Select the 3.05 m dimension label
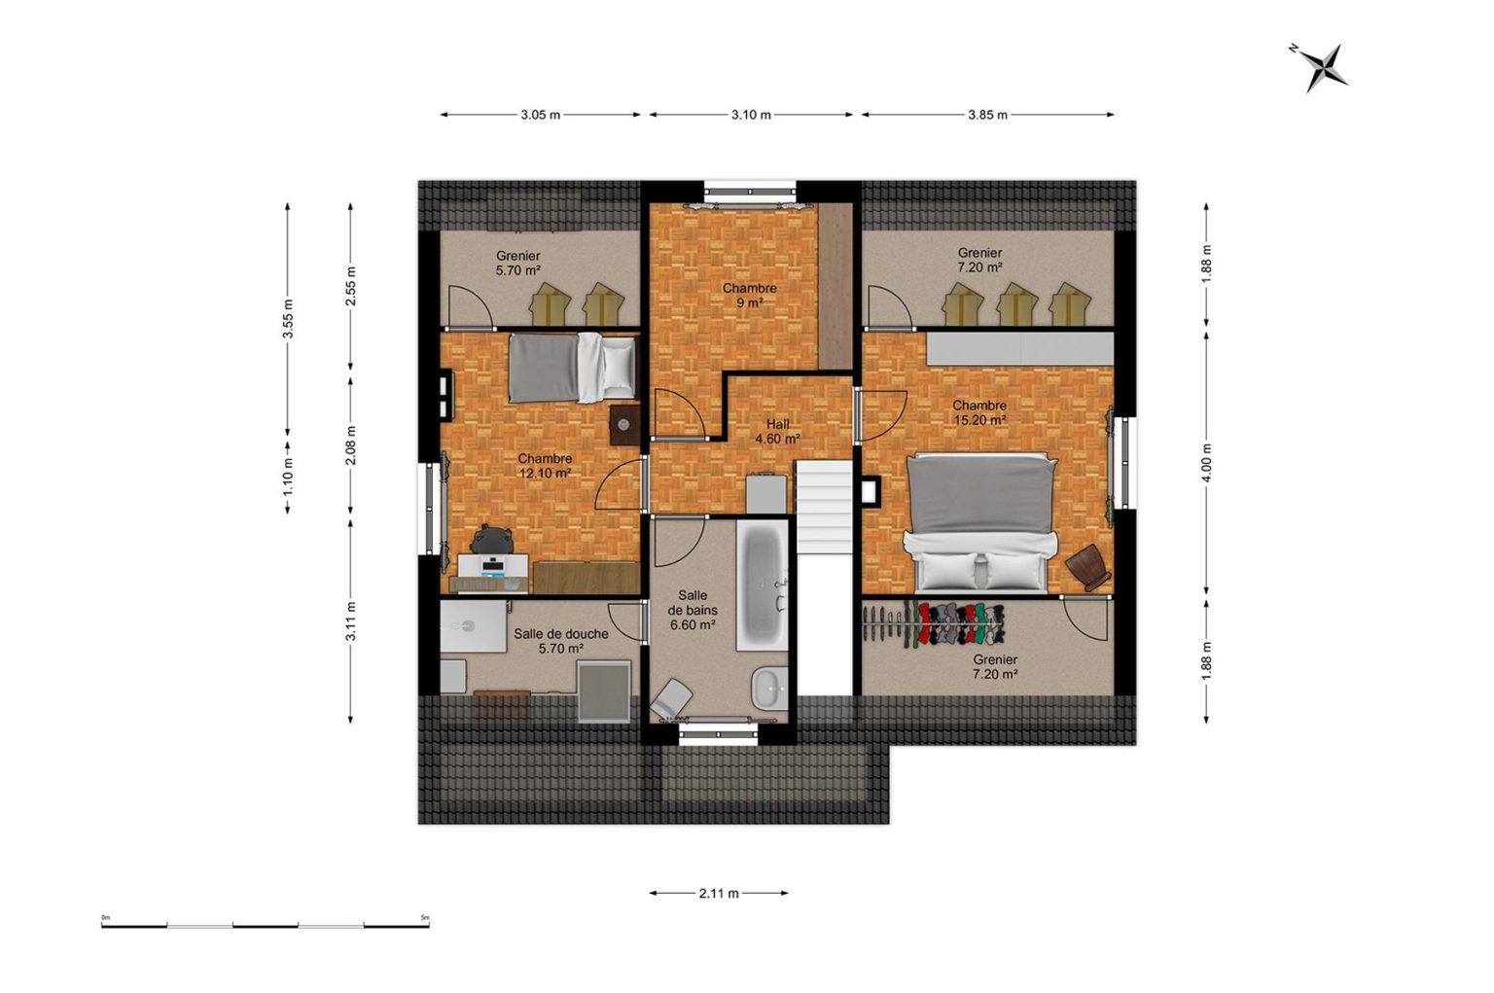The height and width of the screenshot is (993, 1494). pos(540,115)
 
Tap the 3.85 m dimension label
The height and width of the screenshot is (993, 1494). pos(988,115)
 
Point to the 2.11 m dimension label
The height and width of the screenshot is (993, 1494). pos(719,893)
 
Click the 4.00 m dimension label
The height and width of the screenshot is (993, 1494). pos(1206,462)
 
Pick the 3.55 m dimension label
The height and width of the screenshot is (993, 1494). pos(288,319)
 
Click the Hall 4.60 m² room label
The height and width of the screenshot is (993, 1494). pos(778,432)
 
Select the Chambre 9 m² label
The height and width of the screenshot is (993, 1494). pos(750,296)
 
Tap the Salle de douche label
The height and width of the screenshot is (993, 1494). pos(561,633)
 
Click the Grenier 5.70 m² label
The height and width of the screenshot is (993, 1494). pos(518,263)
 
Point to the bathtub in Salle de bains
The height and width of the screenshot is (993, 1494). pos(763,585)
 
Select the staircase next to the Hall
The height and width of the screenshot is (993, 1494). pos(826,576)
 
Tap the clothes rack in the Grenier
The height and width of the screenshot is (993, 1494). pos(934,622)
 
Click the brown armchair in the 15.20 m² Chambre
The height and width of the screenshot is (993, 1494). pos(1088,567)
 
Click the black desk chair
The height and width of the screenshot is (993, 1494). pos(492,539)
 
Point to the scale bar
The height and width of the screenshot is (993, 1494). pos(266,925)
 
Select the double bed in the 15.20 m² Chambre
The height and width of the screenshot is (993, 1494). pos(980,522)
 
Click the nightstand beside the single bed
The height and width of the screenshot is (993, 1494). pos(624,425)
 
